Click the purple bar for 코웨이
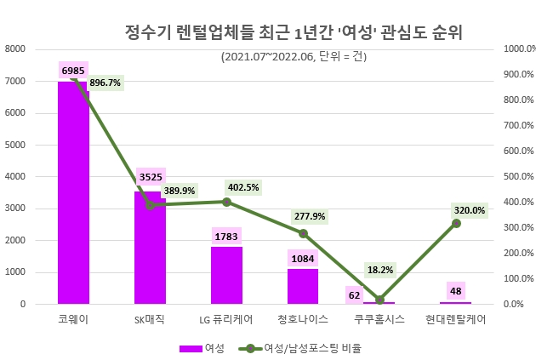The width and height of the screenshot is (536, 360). (x=73, y=192)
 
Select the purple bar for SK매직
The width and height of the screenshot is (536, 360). (x=150, y=248)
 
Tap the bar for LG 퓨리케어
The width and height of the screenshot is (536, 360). (x=226, y=275)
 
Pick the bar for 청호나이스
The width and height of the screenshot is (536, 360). (x=303, y=286)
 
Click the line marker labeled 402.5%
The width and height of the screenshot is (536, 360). (x=226, y=202)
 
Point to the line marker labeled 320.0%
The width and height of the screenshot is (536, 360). (x=456, y=223)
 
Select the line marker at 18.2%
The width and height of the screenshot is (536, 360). (x=379, y=300)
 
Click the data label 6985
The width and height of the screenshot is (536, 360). (x=73, y=69)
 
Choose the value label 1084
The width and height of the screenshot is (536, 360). (x=303, y=257)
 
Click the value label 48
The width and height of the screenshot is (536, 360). (x=456, y=290)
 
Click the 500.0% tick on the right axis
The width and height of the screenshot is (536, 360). (x=518, y=176)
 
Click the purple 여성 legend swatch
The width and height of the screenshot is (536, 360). (x=190, y=348)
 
